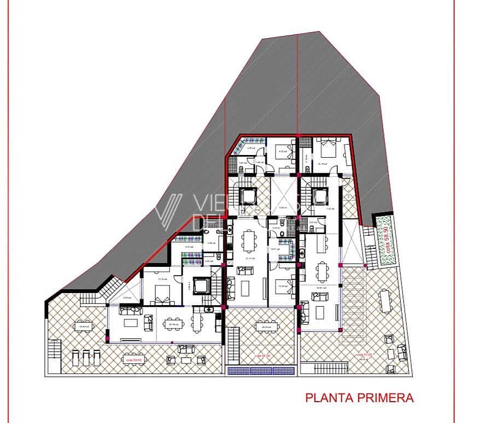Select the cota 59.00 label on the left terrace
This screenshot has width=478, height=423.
pos(133,360)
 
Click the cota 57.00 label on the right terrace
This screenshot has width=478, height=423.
pos(366,355)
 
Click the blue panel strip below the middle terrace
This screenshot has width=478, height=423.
pos(260,370)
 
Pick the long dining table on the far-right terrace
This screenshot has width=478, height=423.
pos(387,301)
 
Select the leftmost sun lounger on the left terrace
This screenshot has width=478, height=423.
pos(76,358)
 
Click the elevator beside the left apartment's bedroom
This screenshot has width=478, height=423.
pos(201,285)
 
